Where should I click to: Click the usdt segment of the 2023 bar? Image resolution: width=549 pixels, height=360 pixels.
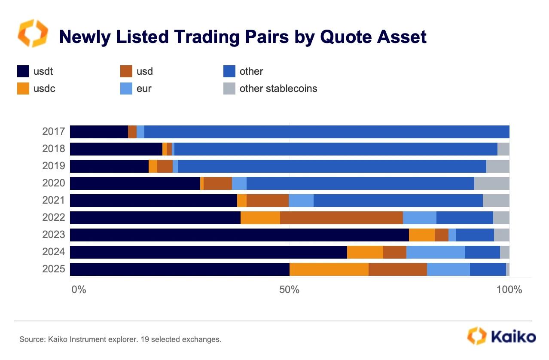pos(239,235)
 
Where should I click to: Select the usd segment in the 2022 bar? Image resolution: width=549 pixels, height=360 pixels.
pos(342,218)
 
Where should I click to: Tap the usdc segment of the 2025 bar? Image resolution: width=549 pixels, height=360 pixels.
pos(329,269)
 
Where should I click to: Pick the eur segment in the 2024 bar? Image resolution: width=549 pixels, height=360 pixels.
pos(436,252)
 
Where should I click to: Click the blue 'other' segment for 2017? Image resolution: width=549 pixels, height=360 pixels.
pos(326,132)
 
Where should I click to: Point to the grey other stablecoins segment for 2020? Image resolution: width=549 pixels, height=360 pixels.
pos(492,183)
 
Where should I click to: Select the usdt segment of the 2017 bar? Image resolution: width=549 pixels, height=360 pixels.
pos(99,132)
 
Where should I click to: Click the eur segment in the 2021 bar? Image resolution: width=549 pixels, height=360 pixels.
pos(301,201)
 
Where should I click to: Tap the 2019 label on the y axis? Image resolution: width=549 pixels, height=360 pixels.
pos(54,166)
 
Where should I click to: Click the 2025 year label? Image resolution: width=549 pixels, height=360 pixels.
pos(54,269)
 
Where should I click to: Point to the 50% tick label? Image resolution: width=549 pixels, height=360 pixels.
pos(289,290)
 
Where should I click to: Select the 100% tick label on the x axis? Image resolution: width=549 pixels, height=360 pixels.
pos(509,290)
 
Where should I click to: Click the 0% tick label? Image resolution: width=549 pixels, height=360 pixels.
pos(79,290)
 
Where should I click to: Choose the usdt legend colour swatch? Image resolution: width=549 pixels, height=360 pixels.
pos(23,71)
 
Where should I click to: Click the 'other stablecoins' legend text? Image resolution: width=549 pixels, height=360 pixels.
pos(278,88)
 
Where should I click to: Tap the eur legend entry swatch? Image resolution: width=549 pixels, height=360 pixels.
pos(126,88)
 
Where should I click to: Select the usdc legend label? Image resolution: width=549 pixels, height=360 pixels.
pos(44,88)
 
